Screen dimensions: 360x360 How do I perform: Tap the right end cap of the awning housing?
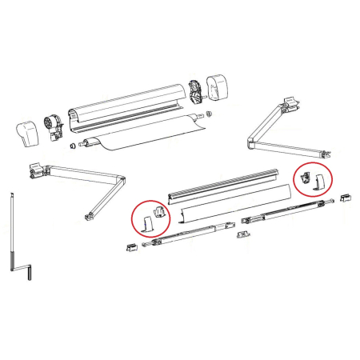(218, 85)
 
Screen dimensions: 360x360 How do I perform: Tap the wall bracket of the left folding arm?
(36, 171)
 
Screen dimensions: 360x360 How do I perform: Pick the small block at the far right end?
(344, 196)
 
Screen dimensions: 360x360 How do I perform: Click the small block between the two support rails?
(244, 232)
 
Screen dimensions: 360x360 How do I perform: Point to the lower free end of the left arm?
(86, 215)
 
